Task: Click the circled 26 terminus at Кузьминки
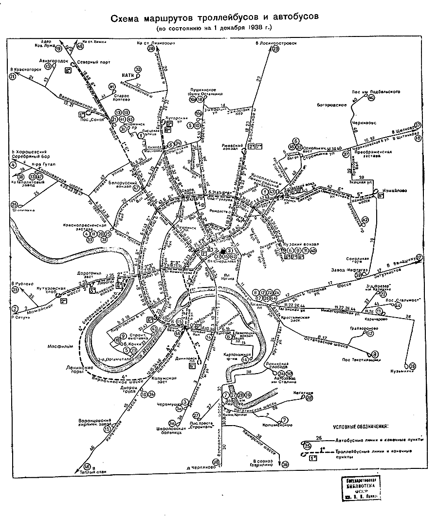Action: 413,366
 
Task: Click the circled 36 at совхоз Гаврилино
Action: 285,464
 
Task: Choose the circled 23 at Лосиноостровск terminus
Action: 275,49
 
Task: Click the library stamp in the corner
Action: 359,488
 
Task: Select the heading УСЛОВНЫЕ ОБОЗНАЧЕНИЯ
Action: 361,427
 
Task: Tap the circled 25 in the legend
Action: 307,446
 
